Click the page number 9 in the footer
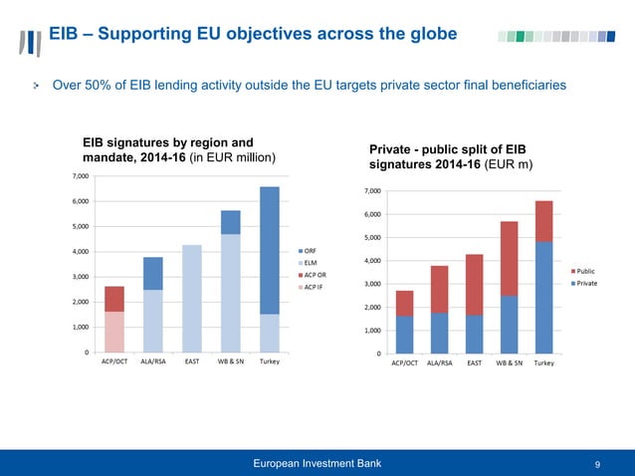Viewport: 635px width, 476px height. point(596,463)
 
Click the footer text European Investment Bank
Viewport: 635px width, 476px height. point(317,463)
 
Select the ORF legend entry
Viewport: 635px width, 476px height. point(309,250)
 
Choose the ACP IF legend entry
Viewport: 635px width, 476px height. point(313,287)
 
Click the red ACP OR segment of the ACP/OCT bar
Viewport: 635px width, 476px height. point(114,299)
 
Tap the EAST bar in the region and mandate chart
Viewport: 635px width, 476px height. point(192,298)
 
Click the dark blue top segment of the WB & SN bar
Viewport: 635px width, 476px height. point(231,222)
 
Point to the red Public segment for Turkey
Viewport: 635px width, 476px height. point(543,221)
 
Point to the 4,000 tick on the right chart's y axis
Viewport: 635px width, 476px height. point(373,261)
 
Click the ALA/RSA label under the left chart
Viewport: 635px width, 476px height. point(153,361)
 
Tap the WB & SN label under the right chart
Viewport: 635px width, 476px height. point(510,363)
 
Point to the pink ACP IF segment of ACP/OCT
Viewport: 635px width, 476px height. point(114,332)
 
